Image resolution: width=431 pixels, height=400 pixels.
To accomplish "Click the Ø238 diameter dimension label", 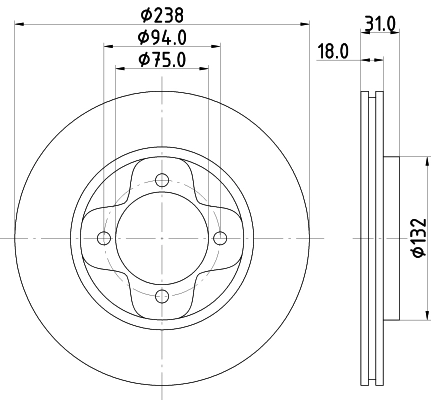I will pos(162,14).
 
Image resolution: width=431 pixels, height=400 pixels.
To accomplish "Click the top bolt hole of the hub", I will pos(162,179).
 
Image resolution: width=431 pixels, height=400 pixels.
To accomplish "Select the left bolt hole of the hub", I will pos(104,237).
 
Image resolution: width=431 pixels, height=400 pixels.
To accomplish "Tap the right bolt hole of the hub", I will pos(220,237).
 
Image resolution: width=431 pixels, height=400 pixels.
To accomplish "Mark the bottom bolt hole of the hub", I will pos(162,295).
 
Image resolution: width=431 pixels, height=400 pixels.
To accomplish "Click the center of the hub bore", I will pos(162,237).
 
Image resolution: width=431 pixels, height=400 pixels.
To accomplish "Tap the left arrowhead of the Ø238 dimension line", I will pos(20,24).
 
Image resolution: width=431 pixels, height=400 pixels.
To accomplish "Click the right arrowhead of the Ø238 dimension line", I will pos(304,24).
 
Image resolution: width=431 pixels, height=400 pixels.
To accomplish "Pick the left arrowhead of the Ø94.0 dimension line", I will pos(104,47).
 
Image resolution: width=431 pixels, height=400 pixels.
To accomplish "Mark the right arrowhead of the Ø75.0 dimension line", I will pos(207,68).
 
